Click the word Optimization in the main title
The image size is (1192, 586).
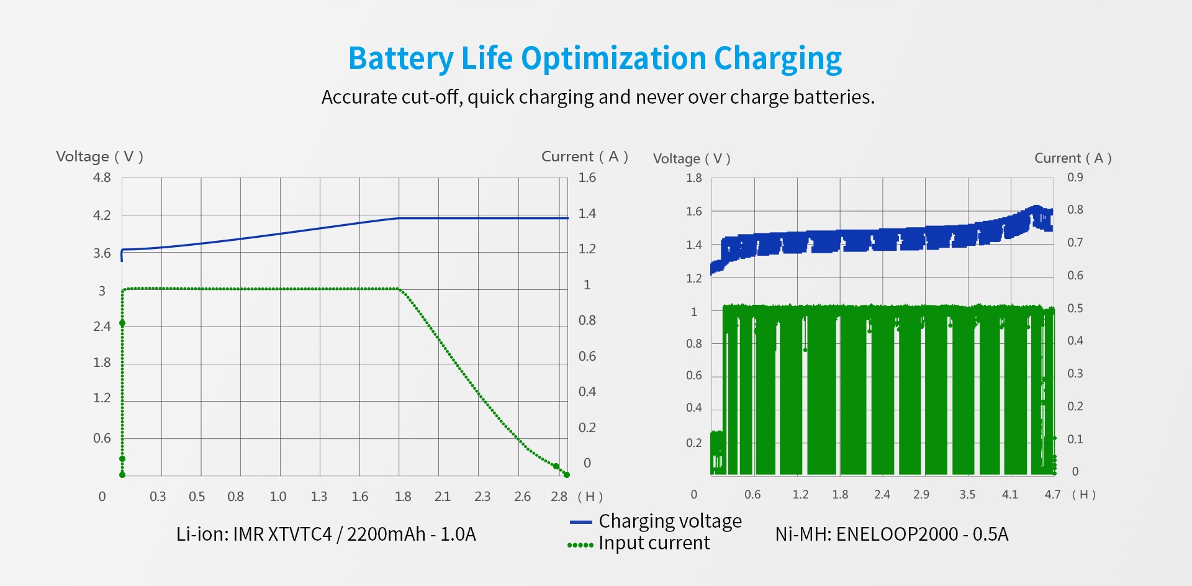click(613, 59)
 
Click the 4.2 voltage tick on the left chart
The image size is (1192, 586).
click(102, 215)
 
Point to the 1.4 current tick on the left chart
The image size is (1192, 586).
click(587, 214)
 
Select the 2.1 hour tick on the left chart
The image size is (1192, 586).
click(442, 497)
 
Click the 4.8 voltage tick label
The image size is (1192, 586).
click(102, 178)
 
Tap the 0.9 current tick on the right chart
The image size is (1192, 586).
click(1075, 177)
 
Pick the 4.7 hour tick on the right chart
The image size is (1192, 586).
click(1052, 495)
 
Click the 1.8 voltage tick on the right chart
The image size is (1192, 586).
click(693, 178)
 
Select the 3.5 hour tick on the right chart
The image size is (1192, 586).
click(967, 495)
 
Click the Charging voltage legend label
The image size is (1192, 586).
click(670, 521)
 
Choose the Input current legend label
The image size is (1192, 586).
click(654, 543)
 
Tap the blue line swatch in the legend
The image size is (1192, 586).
click(580, 523)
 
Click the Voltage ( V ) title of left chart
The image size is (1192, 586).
click(99, 156)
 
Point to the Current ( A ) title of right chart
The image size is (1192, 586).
click(1072, 158)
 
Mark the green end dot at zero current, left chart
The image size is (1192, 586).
click(566, 475)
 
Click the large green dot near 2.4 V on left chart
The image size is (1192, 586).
click(122, 323)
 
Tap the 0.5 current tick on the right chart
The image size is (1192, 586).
click(1075, 309)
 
